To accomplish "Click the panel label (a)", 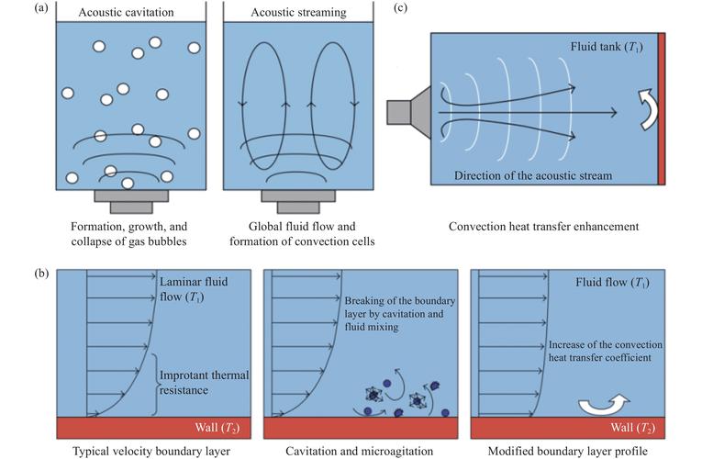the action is tap(40, 7).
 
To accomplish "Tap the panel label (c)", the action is tap(400, 7).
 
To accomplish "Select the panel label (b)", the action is tap(41, 274).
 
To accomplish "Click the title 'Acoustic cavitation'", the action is tap(127, 13).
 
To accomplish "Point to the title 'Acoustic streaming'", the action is tap(298, 13).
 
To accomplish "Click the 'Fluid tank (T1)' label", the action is tap(607, 47).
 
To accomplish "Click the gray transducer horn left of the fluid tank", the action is tap(408, 112).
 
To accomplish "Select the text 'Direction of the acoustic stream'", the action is tap(533, 175).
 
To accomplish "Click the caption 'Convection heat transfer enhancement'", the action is tap(543, 227).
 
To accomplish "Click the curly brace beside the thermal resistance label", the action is tap(155, 385).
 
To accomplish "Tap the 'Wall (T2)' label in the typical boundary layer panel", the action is tap(217, 428).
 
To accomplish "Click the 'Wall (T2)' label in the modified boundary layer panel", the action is tap(633, 428).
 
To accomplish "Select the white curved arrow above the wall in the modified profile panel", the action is tap(605, 404).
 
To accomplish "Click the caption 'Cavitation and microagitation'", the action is tap(359, 451).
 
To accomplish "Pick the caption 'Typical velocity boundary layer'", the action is tap(151, 451).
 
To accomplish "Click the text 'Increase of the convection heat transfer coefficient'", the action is tap(606, 351).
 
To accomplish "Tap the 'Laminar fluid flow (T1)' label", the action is tap(194, 289).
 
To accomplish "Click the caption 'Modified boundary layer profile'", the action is tap(567, 451).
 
